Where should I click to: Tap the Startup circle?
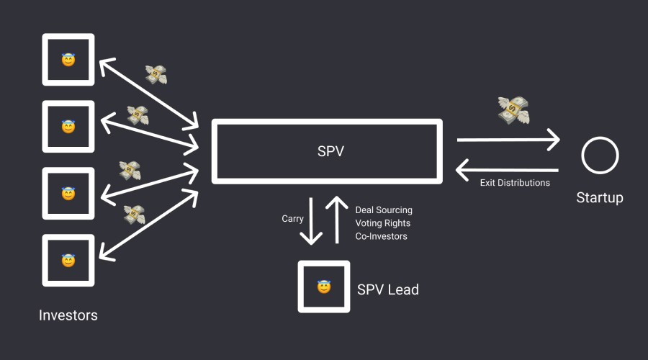pos(600,155)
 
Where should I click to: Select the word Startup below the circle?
pos(600,197)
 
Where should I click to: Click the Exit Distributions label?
pos(515,183)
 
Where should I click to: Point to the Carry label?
pos(292,219)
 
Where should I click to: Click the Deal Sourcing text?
pos(384,210)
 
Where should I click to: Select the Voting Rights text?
pos(382,223)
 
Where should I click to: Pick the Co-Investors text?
pos(381,236)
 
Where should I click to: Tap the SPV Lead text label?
pos(387,289)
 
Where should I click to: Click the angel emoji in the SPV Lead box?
pos(324,287)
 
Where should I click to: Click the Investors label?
pos(68,315)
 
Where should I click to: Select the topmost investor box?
pos(68,60)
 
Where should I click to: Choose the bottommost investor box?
pos(68,260)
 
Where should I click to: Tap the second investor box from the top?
pos(68,127)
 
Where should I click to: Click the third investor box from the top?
pos(68,194)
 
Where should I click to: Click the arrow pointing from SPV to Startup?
pos(508,140)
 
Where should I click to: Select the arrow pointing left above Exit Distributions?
pos(508,169)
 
